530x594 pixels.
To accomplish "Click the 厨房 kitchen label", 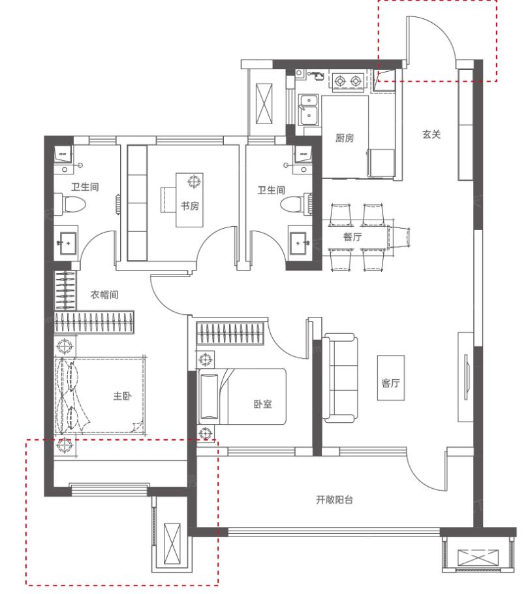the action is (344, 138).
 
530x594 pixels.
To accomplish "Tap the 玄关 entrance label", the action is (431, 135).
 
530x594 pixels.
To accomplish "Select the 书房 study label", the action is (189, 206).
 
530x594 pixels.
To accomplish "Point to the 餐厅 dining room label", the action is (352, 237).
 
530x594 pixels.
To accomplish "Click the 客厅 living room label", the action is (390, 383).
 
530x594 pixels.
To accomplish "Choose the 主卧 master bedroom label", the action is (122, 396).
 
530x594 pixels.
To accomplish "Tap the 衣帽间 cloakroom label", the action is (104, 295).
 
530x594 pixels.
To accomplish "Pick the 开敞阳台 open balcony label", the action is (334, 500).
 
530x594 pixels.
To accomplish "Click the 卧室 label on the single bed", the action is (262, 404).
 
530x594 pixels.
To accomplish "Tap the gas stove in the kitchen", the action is (348, 81).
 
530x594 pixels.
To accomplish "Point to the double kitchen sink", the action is (308, 110).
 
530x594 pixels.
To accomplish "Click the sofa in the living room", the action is (340, 378).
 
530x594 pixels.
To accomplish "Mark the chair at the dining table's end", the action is (399, 237).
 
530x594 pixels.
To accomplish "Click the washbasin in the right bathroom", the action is (300, 242).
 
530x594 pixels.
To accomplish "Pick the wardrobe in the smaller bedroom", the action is (230, 333).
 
